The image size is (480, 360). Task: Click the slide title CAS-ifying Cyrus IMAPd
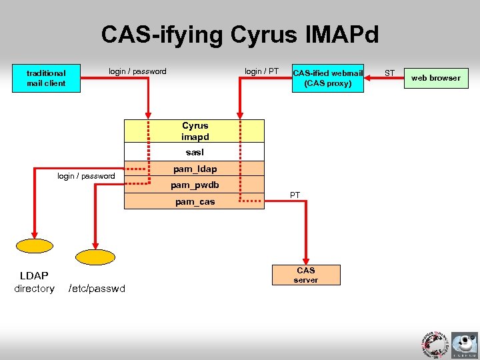pos(239,34)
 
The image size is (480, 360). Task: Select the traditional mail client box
pos(46,78)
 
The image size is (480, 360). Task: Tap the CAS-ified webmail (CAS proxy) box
pos(327,78)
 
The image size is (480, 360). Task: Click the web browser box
pos(435,78)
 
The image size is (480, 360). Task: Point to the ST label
pos(390,72)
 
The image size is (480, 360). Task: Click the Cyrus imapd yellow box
pos(195,131)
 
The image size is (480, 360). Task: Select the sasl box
pos(195,152)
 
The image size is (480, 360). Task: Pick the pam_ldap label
pos(195,169)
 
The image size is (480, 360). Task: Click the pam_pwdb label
pos(195,185)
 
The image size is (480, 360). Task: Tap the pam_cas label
pos(195,201)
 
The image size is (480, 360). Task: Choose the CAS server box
pos(306,275)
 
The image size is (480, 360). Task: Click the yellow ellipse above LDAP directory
pos(35,245)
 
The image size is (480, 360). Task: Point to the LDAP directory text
pos(34,282)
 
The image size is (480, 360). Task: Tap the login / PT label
pos(261,71)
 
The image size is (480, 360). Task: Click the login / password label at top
pos(137,71)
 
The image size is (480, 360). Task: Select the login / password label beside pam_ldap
pos(86,176)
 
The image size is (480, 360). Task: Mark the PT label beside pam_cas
pos(295,195)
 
